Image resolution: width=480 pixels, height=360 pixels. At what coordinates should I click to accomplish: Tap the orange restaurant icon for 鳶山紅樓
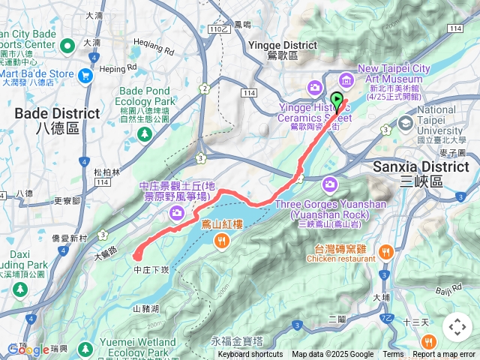click(222, 240)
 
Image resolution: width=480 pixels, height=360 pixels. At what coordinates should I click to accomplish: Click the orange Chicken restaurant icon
click(386, 251)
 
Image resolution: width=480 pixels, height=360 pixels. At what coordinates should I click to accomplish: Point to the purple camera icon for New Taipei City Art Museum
click(346, 79)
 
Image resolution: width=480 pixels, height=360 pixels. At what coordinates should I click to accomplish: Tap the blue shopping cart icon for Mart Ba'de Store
click(85, 74)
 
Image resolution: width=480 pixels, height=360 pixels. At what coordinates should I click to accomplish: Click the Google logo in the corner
click(28, 349)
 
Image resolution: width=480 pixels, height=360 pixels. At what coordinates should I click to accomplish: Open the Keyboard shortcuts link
click(250, 355)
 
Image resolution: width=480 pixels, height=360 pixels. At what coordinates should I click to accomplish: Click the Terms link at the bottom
click(393, 355)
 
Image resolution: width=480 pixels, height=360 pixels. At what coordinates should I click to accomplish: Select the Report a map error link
click(445, 355)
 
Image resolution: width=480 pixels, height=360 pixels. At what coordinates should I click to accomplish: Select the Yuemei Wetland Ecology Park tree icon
click(86, 349)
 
